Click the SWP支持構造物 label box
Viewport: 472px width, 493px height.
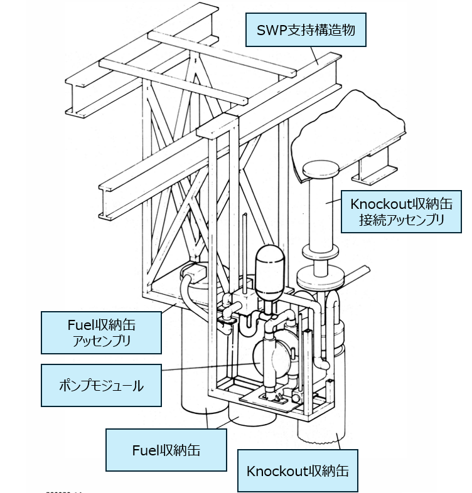[x=306, y=30]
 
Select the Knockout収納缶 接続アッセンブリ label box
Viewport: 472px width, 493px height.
[x=401, y=211]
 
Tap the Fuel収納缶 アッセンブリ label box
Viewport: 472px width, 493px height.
[x=101, y=332]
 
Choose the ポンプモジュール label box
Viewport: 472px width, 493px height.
[x=101, y=386]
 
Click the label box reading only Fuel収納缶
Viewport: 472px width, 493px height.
[x=166, y=450]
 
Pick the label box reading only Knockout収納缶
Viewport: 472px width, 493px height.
[x=298, y=470]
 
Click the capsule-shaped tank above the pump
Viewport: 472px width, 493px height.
[x=270, y=272]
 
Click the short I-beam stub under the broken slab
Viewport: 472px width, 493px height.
[x=375, y=167]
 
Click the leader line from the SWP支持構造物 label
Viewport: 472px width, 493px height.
[x=314, y=56]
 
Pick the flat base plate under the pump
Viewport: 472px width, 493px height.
[x=271, y=400]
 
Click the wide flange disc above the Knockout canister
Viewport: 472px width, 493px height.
[x=320, y=278]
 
